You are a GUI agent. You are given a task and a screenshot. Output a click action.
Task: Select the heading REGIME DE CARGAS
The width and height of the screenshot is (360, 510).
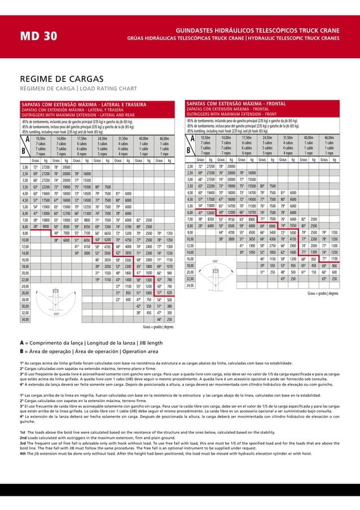click(56, 79)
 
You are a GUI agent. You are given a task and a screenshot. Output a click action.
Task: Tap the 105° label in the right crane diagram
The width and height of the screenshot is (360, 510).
click(215, 261)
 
